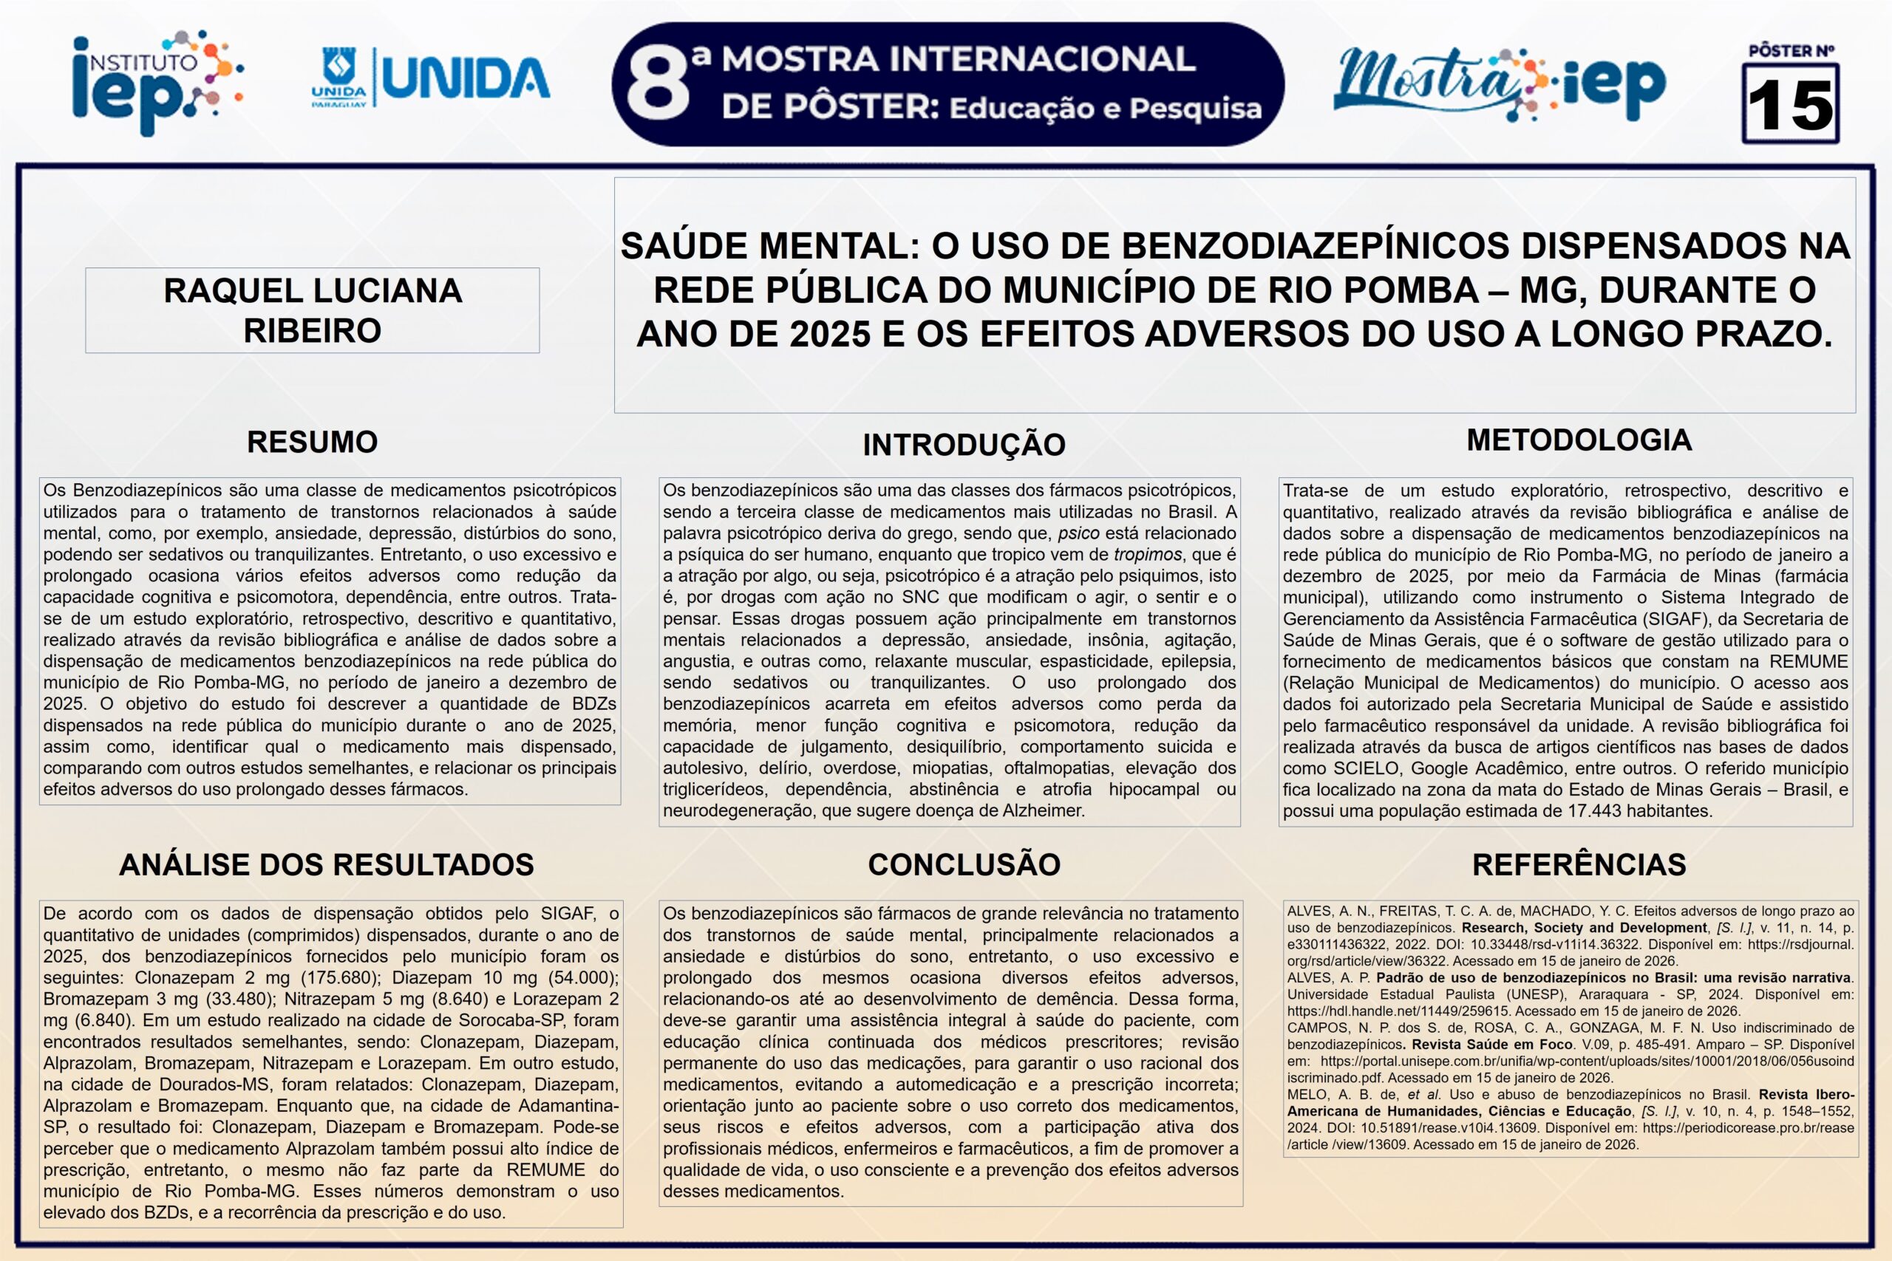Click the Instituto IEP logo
(157, 82)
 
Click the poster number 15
(1790, 106)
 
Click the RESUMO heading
(312, 442)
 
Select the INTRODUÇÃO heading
(964, 445)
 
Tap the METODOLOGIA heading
(1579, 440)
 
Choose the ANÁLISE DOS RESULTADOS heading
(327, 864)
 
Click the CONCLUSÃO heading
(964, 864)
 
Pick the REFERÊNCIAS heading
(1579, 864)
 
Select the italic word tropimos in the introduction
(1147, 554)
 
